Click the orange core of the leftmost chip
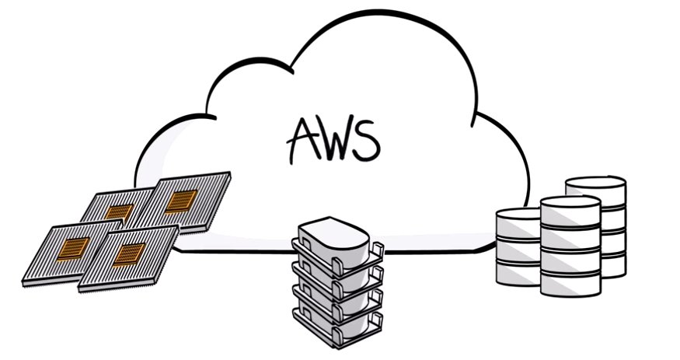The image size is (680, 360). coord(75,248)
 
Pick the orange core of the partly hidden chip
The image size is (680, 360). coord(119,211)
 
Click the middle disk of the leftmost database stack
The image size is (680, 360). coord(518,250)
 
